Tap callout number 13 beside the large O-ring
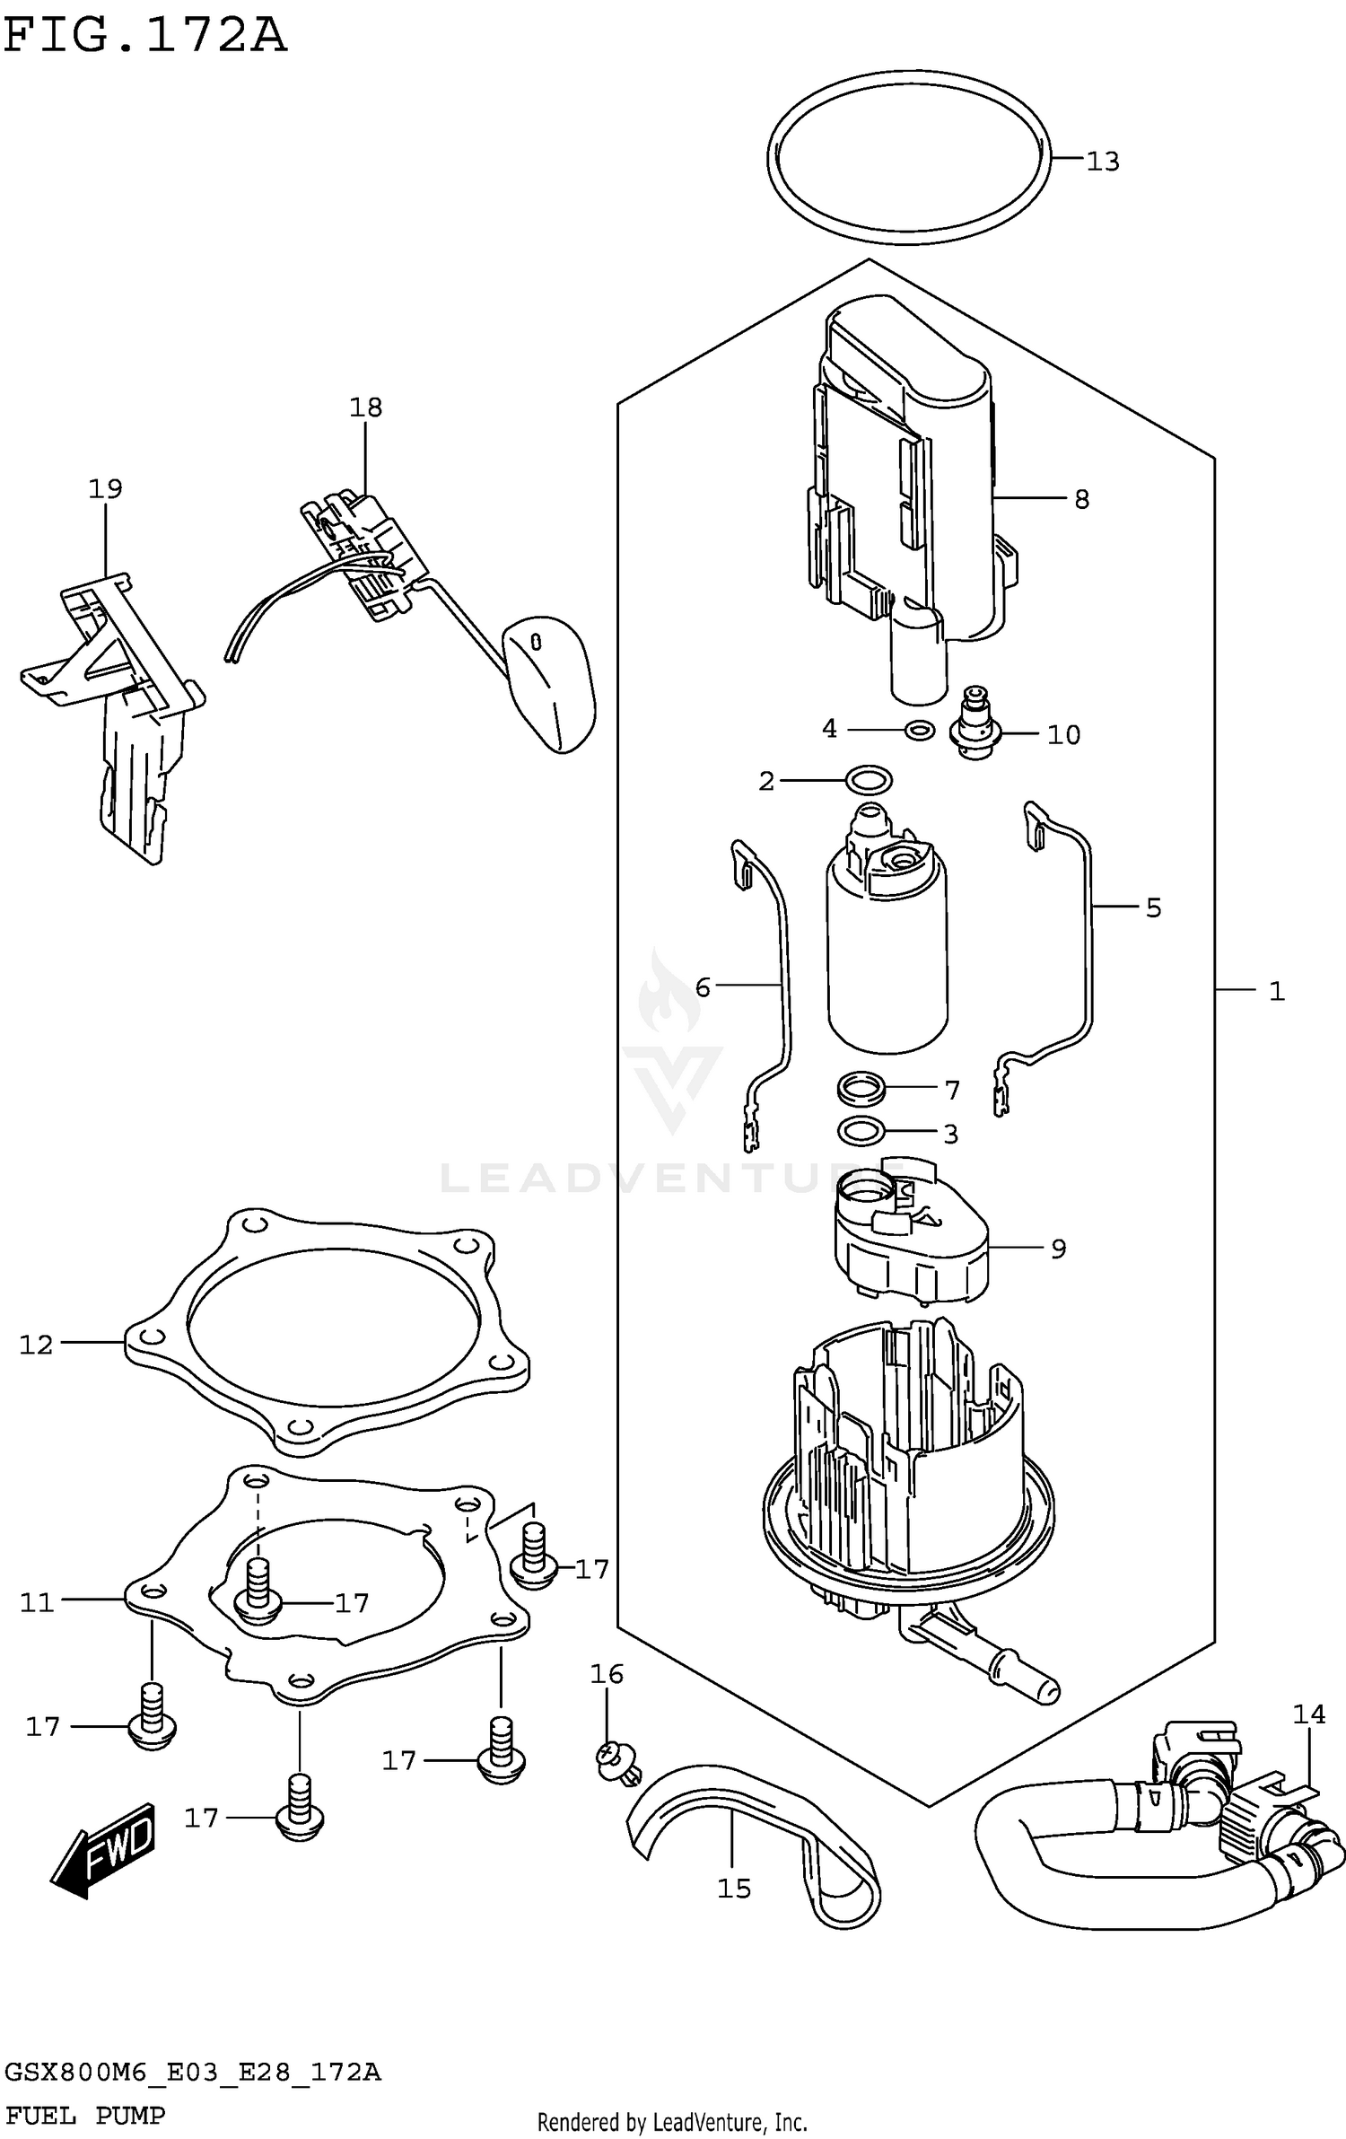pyautogui.click(x=1103, y=162)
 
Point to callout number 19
pyautogui.click(x=105, y=489)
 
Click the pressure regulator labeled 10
pyautogui.click(x=976, y=725)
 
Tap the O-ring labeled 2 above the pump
pyautogui.click(x=869, y=780)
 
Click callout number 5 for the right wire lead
pyautogui.click(x=1153, y=907)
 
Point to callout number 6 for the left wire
pyautogui.click(x=703, y=988)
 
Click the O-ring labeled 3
pyautogui.click(x=861, y=1133)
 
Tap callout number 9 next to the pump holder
pyautogui.click(x=1058, y=1249)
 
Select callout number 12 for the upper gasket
pyautogui.click(x=37, y=1345)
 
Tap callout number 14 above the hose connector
pyautogui.click(x=1308, y=1714)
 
